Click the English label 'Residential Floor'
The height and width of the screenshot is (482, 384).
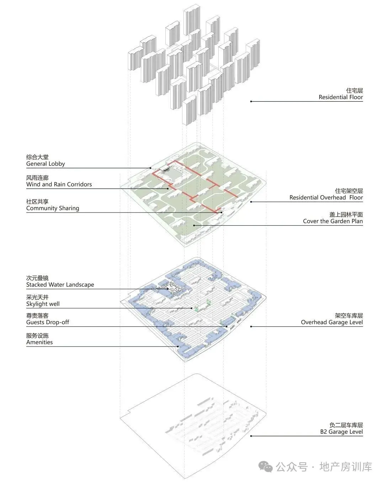(x=341, y=97)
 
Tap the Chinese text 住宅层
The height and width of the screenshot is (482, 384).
(x=354, y=91)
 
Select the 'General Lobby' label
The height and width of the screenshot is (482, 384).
(x=46, y=164)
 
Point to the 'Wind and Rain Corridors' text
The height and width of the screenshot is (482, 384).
(x=59, y=184)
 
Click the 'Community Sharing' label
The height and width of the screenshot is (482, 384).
(x=53, y=208)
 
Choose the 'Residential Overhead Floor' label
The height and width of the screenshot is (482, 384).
(x=326, y=198)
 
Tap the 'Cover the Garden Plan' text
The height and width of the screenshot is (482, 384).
(x=333, y=221)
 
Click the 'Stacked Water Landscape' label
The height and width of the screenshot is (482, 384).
(x=60, y=285)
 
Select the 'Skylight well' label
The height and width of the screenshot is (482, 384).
(x=43, y=304)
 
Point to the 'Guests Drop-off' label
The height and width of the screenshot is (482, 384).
(x=48, y=322)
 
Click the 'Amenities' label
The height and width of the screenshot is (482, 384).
(x=39, y=342)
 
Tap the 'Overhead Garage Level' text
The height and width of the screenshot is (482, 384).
(x=332, y=322)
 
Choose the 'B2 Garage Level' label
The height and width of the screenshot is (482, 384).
(x=341, y=432)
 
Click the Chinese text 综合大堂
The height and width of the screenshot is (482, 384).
(x=37, y=157)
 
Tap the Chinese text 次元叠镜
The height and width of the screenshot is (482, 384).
(x=37, y=278)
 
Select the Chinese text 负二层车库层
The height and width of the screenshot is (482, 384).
(x=346, y=425)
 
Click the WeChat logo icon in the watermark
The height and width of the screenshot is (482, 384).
(x=266, y=466)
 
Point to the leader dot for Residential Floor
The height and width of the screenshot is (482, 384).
(x=251, y=101)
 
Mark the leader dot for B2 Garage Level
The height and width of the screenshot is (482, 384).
(x=251, y=436)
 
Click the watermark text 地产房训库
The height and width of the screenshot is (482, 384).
(x=346, y=467)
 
